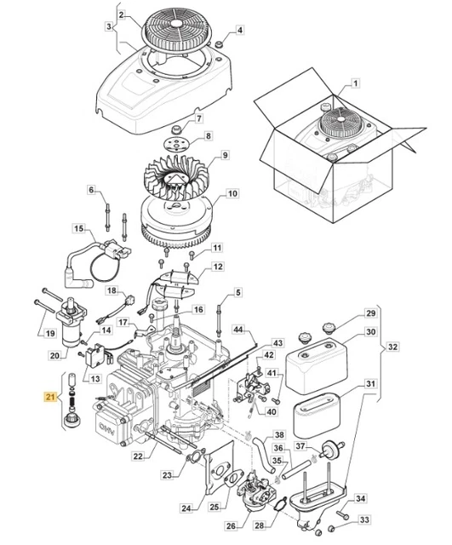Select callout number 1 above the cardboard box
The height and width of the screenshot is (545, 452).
[x=356, y=83]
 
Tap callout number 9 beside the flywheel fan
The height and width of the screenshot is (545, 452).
[x=225, y=155]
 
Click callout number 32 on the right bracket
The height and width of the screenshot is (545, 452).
[x=392, y=347]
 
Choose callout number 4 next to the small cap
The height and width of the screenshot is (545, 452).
[x=239, y=31]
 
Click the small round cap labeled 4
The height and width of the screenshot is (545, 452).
[x=219, y=42]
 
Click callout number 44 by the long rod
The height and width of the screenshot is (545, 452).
[x=239, y=329]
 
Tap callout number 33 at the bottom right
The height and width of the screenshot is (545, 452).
[x=363, y=519]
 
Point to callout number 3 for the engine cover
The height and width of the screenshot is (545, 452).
[x=108, y=26]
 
